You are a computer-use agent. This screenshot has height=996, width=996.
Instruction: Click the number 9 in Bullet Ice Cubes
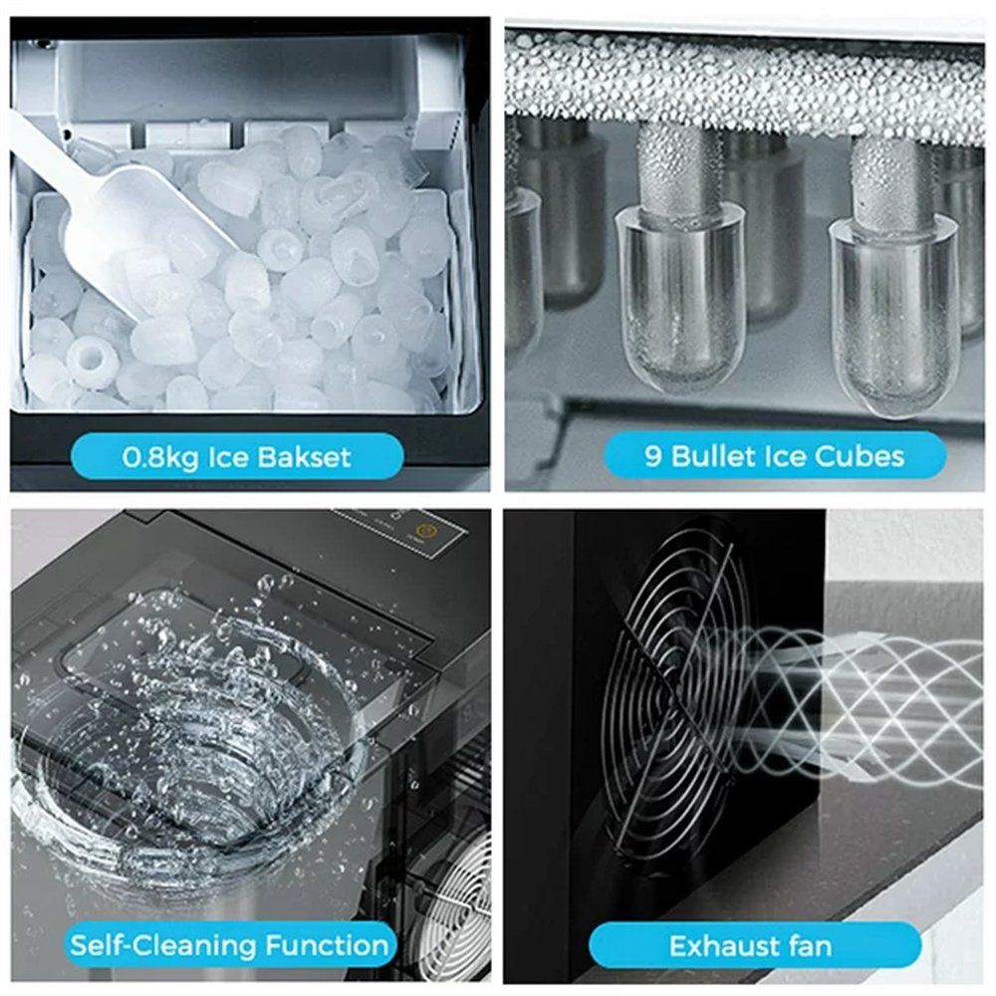[x=653, y=457]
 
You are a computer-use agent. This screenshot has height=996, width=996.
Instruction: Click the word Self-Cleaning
[x=163, y=945]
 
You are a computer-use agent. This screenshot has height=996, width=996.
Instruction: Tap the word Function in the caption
[x=327, y=945]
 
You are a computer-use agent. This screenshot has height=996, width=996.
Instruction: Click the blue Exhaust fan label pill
[x=754, y=946]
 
